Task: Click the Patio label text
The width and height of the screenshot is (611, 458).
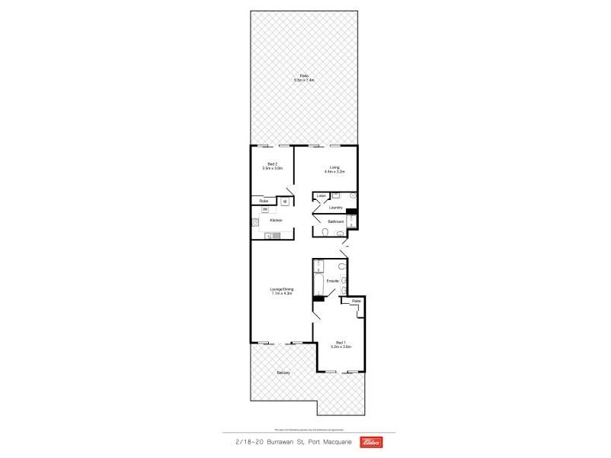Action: click(x=304, y=75)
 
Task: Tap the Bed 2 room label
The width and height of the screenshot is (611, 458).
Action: click(x=273, y=163)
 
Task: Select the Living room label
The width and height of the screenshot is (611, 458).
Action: click(x=334, y=167)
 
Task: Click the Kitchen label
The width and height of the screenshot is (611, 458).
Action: click(x=276, y=220)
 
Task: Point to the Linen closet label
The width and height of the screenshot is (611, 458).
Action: click(x=322, y=196)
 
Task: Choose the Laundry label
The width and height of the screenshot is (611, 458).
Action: click(x=335, y=208)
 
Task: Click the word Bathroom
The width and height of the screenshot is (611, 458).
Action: click(x=335, y=221)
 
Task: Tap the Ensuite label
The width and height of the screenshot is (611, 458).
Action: click(x=332, y=281)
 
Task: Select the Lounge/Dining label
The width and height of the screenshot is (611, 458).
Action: click(x=282, y=289)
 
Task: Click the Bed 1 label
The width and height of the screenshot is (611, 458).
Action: click(x=341, y=343)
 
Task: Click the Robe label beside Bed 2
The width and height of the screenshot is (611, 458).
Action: click(x=263, y=201)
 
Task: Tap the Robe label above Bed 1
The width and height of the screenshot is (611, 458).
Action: click(x=356, y=302)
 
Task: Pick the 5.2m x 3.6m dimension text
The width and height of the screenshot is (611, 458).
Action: click(x=341, y=347)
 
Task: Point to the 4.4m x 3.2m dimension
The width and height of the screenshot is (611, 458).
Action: click(x=334, y=172)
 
